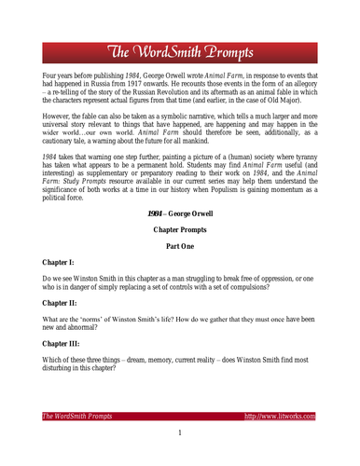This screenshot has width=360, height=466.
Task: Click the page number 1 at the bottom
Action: (x=180, y=433)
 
